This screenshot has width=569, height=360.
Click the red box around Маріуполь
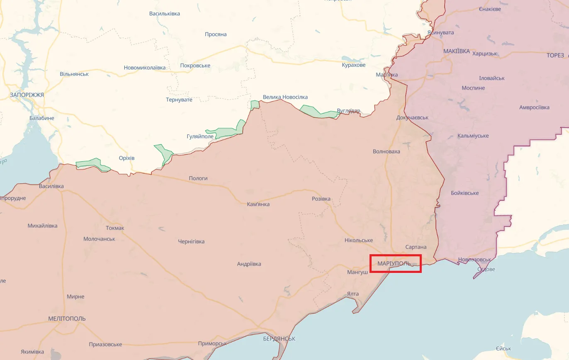pos(396,264)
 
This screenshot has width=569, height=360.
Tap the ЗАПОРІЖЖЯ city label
pos(27,95)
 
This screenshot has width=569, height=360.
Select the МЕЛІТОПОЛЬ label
pos(67,319)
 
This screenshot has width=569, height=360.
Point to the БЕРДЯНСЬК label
pos(279,339)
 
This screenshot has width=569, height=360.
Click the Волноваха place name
pos(387,151)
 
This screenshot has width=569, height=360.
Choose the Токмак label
pos(115,228)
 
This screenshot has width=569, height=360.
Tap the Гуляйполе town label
pos(200,136)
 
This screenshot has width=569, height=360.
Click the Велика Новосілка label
pos(285,97)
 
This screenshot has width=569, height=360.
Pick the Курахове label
pos(354,65)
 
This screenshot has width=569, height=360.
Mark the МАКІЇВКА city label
pos(457,51)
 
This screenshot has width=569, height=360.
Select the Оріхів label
pos(126,158)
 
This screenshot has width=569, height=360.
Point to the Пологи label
pos(198,178)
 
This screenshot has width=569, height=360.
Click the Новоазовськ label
pos(474,260)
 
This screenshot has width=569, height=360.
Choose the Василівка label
pos(51,186)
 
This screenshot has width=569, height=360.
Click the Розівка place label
pos(321,199)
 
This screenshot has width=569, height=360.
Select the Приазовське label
pos(105,344)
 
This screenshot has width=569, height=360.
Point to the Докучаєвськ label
pos(412,118)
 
